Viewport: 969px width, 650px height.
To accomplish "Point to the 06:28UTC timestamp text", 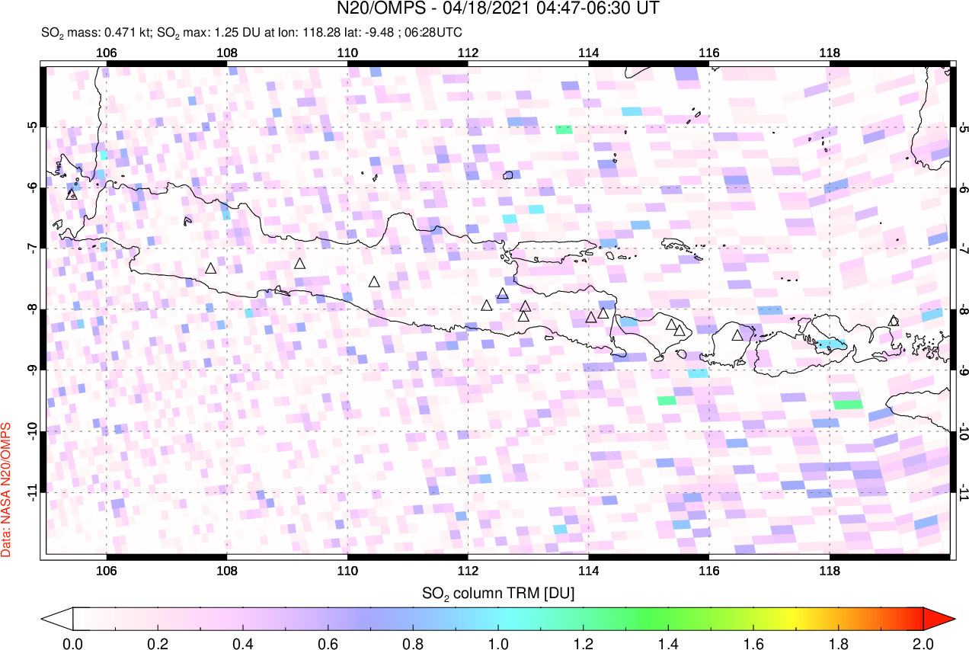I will [x=434, y=33].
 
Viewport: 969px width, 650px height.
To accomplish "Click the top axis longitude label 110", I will [x=347, y=53].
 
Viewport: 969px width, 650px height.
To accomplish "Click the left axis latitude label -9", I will [x=32, y=370].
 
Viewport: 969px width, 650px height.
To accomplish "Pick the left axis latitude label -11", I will [x=32, y=492].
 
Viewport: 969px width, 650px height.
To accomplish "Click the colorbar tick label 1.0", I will [x=498, y=642].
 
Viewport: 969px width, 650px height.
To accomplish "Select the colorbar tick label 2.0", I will [x=923, y=642].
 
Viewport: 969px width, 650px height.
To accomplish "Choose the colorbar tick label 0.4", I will [x=243, y=642].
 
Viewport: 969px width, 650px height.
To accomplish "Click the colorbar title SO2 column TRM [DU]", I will [x=497, y=592].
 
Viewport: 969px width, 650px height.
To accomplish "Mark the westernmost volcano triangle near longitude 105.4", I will [x=72, y=194].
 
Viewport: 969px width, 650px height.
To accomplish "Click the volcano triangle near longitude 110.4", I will [x=374, y=282].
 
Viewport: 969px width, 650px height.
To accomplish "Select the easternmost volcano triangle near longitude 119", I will [x=894, y=321].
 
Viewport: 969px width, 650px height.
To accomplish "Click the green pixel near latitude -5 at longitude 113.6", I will [x=563, y=129].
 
